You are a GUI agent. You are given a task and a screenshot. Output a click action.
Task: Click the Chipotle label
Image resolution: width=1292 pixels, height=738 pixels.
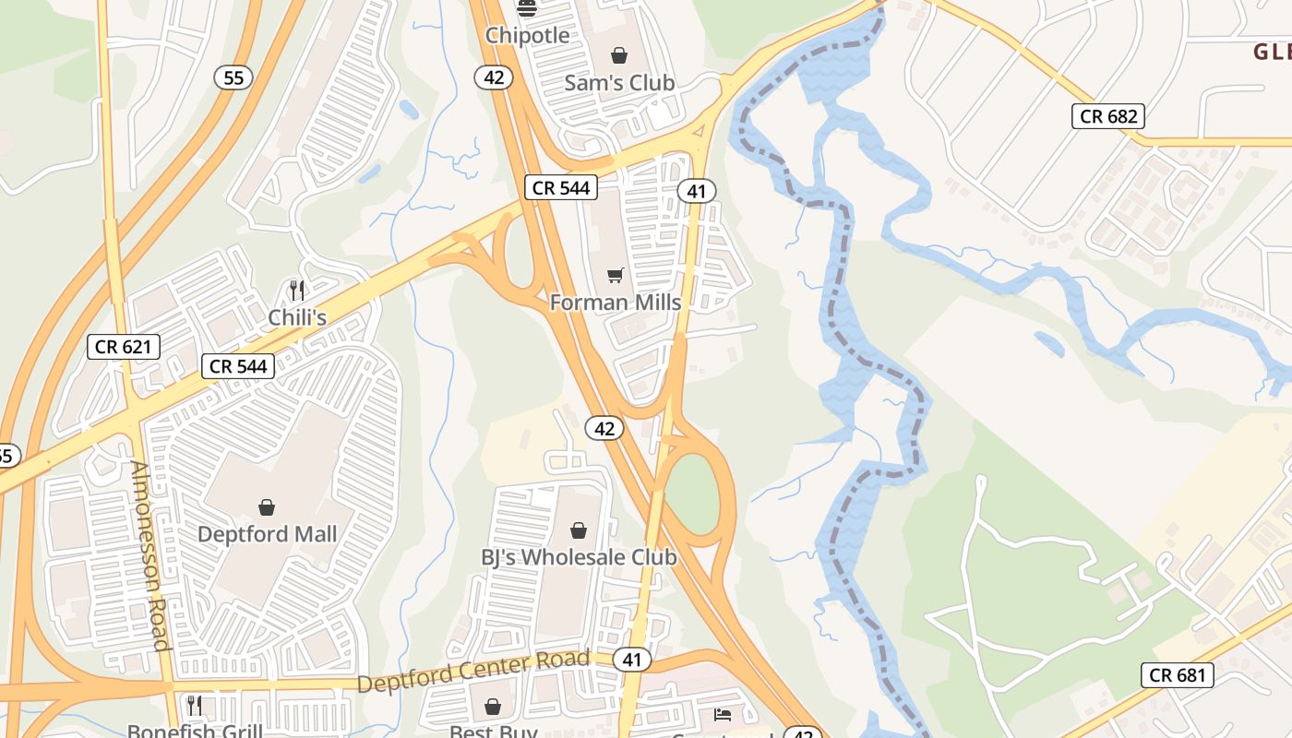527,35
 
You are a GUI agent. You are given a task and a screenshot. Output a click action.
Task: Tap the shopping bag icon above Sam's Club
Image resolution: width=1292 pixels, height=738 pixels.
618,55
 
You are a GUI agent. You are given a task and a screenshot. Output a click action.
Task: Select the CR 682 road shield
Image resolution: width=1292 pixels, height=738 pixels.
1108,116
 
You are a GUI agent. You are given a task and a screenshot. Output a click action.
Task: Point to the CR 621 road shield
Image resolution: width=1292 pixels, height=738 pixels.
124,347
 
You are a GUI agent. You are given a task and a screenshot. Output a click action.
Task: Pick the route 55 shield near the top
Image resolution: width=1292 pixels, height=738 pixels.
233,77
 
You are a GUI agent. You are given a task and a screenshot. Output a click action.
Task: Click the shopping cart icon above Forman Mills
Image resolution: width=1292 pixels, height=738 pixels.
615,275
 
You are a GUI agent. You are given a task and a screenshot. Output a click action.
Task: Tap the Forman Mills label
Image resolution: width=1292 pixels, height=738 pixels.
615,303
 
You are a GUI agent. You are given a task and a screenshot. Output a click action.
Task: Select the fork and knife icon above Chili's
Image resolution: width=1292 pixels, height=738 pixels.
296,291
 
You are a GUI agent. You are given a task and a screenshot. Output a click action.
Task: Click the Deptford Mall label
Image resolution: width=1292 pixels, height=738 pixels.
267,534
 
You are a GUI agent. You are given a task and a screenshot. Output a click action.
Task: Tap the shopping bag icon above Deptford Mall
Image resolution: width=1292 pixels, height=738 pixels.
267,506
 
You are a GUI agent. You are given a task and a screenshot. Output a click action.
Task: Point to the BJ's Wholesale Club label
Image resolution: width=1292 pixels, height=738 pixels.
578,557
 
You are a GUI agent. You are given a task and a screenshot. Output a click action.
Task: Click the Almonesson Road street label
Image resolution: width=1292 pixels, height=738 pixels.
150,555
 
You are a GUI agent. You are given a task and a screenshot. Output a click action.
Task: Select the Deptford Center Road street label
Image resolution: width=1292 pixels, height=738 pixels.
473,672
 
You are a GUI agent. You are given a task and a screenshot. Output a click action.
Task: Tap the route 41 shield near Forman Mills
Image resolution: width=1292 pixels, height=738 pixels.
696,191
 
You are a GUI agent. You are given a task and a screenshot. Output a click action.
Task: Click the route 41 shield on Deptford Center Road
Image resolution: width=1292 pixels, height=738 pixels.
631,660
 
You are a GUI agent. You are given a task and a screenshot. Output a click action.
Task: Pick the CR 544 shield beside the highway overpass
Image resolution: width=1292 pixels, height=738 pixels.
561,188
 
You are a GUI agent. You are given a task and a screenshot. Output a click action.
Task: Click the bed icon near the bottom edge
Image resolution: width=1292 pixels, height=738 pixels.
723,715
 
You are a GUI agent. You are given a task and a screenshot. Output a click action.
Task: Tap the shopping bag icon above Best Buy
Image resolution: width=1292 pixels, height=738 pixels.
493,707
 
